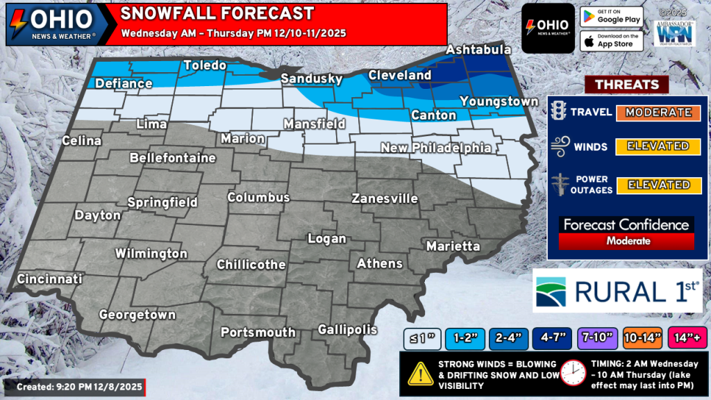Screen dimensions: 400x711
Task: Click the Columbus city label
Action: (x=258, y=198)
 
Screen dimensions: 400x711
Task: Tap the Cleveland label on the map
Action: (x=399, y=75)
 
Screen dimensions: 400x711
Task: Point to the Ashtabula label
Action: (x=478, y=50)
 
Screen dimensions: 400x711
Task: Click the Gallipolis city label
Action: (x=347, y=329)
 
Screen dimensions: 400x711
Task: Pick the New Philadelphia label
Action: (x=435, y=148)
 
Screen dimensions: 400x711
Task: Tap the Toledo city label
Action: (x=205, y=66)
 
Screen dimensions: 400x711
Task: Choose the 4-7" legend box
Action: (x=552, y=338)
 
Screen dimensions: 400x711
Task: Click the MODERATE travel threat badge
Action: (x=658, y=112)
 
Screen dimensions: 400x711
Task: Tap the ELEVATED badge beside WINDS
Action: (x=658, y=147)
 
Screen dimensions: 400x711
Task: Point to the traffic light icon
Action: (x=558, y=112)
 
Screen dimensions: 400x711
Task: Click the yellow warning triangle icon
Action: (x=420, y=373)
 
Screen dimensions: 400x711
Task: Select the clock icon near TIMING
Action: (x=574, y=373)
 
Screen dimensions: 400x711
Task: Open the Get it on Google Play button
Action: (x=611, y=17)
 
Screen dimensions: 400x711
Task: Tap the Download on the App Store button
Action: (x=611, y=40)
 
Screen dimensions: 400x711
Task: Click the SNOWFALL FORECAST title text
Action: (x=217, y=14)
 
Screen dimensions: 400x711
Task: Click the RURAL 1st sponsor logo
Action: (x=617, y=290)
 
